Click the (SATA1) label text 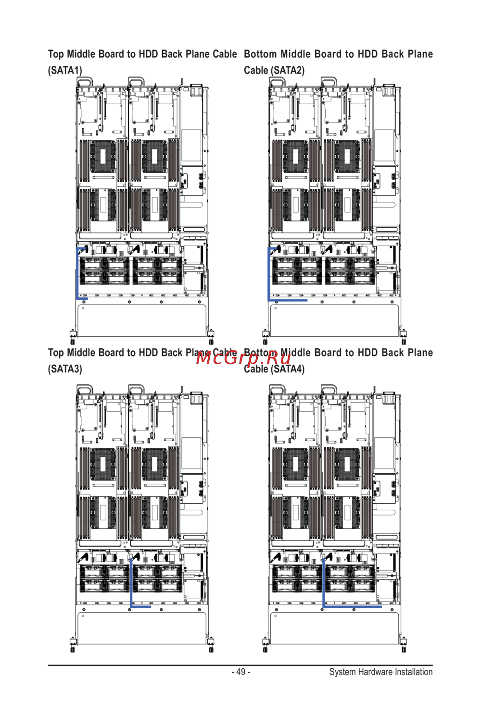[x=65, y=70]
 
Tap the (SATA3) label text [x=65, y=369]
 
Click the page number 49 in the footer [x=241, y=672]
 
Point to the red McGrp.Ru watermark [x=243, y=358]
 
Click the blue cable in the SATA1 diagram [x=77, y=274]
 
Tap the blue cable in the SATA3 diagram [x=131, y=583]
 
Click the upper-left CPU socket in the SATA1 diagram [x=103, y=157]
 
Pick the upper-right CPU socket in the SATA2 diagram [x=347, y=157]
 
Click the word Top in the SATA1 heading [x=56, y=54]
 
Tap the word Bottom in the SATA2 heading [x=260, y=54]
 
